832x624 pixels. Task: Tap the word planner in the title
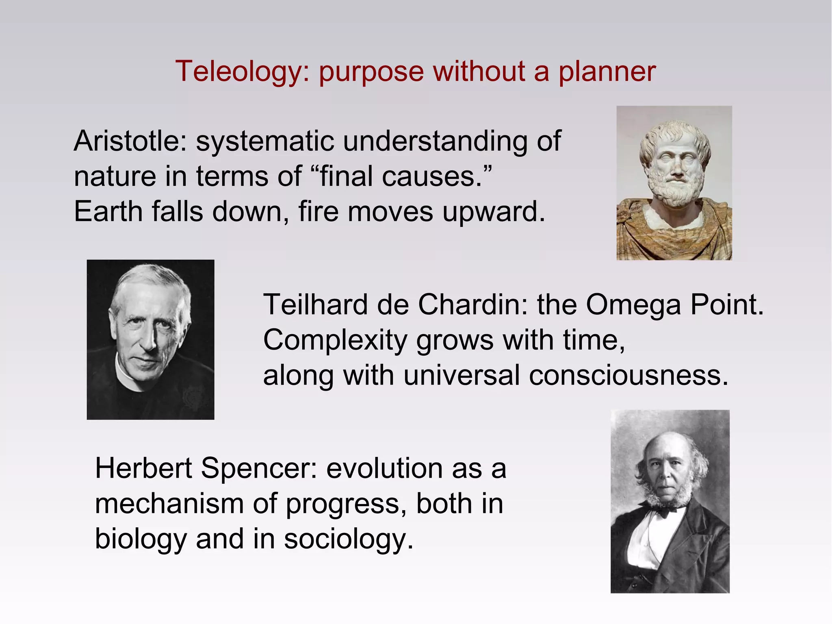pos(607,72)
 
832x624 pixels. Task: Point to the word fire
pos(318,212)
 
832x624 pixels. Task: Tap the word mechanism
pos(169,504)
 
